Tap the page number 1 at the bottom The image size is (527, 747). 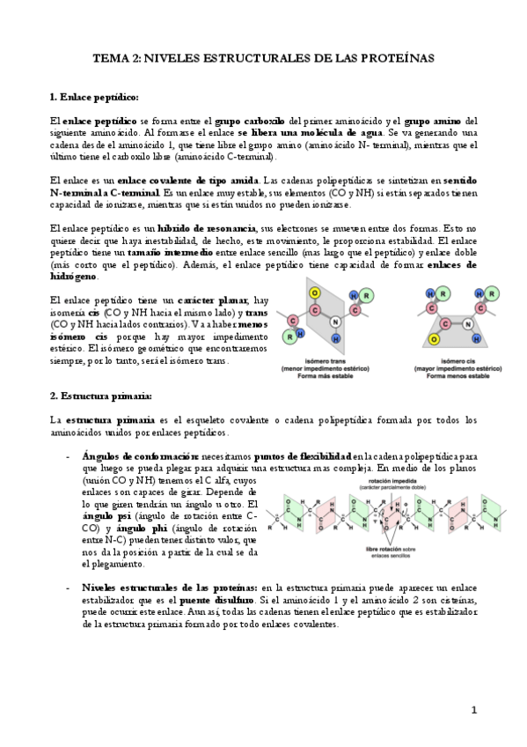coord(473,710)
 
